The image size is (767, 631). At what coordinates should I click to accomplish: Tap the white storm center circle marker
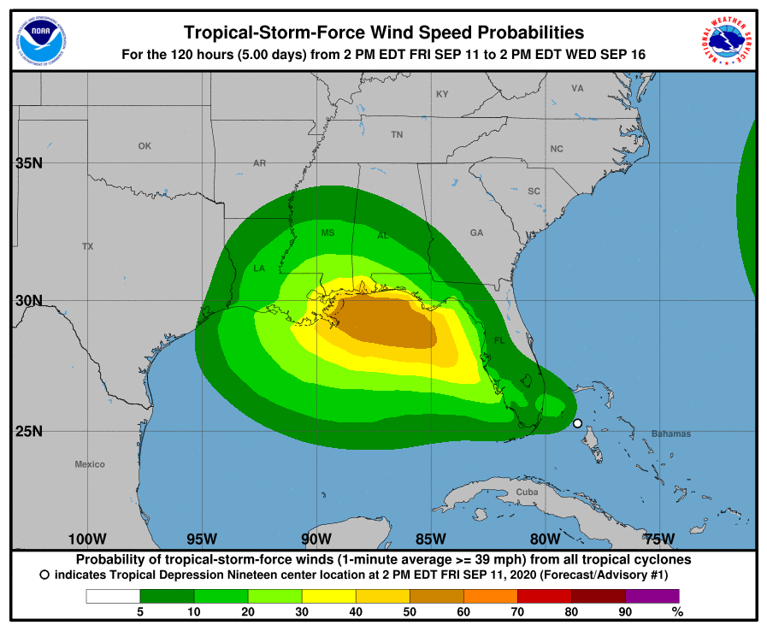point(577,423)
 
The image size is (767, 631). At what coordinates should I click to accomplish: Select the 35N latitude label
point(29,162)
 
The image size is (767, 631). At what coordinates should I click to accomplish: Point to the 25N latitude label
point(29,431)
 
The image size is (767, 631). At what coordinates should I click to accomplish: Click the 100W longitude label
point(86,539)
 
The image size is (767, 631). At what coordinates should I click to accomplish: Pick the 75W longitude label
point(659,539)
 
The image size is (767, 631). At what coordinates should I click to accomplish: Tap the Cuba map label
point(528,492)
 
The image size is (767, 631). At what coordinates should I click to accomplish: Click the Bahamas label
point(670,433)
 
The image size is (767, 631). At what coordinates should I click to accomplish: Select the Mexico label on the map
point(90,464)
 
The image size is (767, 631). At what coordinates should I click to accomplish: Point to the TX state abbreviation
point(87,246)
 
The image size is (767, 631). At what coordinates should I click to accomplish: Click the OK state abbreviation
point(145,146)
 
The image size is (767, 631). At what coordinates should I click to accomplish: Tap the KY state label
point(442,94)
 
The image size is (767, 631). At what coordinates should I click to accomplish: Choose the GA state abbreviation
point(476,233)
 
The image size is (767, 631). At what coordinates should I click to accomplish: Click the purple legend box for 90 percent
point(652,596)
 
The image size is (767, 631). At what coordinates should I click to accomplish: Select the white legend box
point(113,596)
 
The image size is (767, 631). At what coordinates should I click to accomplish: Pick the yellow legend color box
point(328,596)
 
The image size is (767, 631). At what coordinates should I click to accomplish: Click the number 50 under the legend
point(410,611)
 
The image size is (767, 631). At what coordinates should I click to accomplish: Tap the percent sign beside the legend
point(677,611)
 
